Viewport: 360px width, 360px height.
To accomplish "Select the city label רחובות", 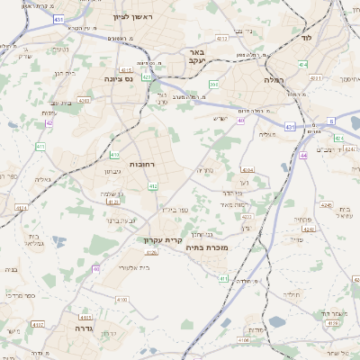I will [x=143, y=165].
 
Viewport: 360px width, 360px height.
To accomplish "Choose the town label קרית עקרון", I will [x=162, y=239].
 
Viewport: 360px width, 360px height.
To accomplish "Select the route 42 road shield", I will [x=49, y=122].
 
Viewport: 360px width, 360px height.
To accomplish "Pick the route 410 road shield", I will [x=114, y=156].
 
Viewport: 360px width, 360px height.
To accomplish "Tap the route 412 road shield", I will [x=153, y=186].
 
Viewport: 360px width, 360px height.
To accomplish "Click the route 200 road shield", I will [x=213, y=85].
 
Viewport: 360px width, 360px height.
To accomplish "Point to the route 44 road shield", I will [x=303, y=156].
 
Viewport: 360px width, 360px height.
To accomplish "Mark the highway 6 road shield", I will [x=330, y=120].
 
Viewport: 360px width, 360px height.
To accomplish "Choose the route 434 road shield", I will [x=303, y=64].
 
